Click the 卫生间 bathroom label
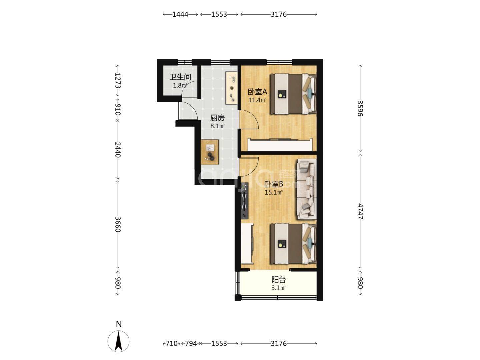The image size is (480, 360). tap(180, 77)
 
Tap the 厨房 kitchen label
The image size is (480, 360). tap(217, 118)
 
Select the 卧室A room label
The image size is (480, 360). tap(257, 92)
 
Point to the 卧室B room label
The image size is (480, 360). tap(274, 184)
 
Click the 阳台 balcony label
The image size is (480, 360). tap(279, 280)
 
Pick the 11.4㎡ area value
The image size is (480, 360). tap(257, 100)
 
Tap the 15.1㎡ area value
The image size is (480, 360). tap(274, 193)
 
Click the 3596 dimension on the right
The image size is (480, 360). tap(360, 108)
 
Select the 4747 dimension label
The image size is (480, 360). tap(360, 212)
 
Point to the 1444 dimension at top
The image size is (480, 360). tap(180, 14)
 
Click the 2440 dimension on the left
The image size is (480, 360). tap(118, 150)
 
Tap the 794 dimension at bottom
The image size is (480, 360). tap(191, 344)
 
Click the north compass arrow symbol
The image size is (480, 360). tap(119, 341)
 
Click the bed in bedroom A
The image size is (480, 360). tap(293, 94)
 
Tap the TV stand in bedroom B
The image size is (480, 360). tap(245, 201)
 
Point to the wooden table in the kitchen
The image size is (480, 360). tap(210, 152)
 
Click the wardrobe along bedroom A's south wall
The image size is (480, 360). tap(280, 144)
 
